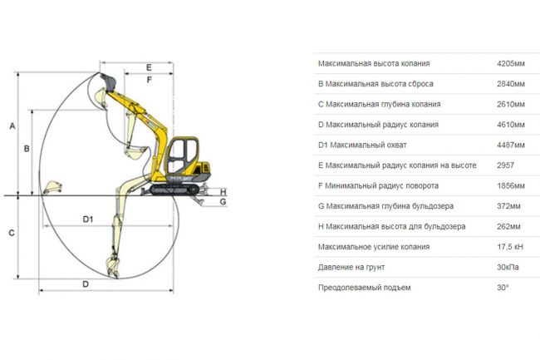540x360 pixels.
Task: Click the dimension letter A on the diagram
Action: [x=12, y=126]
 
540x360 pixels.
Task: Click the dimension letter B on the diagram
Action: [x=27, y=149]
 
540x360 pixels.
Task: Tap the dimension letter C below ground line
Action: [x=12, y=233]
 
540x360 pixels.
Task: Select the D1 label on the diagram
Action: [x=88, y=219]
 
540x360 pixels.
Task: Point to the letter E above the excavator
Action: [x=149, y=67]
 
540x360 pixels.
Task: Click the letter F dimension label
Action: [x=149, y=80]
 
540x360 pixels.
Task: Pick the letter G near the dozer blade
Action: [x=223, y=201]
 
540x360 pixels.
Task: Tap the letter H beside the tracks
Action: [x=223, y=192]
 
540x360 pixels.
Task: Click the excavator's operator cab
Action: [x=182, y=155]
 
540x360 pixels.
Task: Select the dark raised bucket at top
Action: [x=109, y=81]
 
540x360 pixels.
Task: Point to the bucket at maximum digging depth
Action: [x=112, y=267]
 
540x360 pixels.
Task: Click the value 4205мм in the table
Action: [x=511, y=63]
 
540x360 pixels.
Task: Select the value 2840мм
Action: [x=511, y=84]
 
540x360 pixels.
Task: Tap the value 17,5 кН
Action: [x=510, y=247]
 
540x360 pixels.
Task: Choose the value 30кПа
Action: [x=508, y=267]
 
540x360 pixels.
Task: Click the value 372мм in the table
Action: [x=508, y=206]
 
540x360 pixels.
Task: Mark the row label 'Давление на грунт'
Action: [x=351, y=268]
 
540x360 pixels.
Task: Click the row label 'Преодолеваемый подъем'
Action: [x=365, y=288]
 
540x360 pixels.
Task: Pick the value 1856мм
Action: [x=511, y=185]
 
